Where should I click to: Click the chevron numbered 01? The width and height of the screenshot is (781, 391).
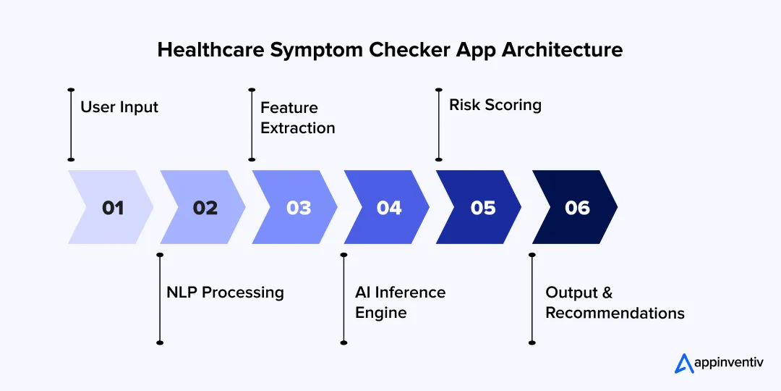pyautogui.click(x=111, y=207)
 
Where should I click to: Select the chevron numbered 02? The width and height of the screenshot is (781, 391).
pyautogui.click(x=204, y=207)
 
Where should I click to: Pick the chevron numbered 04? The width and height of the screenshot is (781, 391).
pyautogui.click(x=388, y=207)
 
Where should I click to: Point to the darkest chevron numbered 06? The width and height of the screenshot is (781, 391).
pyautogui.click(x=576, y=207)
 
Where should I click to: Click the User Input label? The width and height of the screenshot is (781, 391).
pyautogui.click(x=119, y=107)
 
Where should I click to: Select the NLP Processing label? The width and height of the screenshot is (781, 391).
pyautogui.click(x=225, y=293)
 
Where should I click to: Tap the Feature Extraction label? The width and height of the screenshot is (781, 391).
pyautogui.click(x=298, y=118)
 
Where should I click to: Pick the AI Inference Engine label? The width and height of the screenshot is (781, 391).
pyautogui.click(x=400, y=303)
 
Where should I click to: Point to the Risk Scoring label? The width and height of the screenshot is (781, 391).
pyautogui.click(x=495, y=105)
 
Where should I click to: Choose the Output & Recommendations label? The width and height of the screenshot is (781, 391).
pyautogui.click(x=615, y=303)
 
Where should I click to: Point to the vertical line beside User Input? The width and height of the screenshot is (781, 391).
pyautogui.click(x=71, y=125)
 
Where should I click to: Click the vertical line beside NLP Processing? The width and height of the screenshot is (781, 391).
pyautogui.click(x=160, y=298)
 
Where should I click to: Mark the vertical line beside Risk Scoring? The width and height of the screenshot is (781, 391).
pyautogui.click(x=438, y=125)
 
